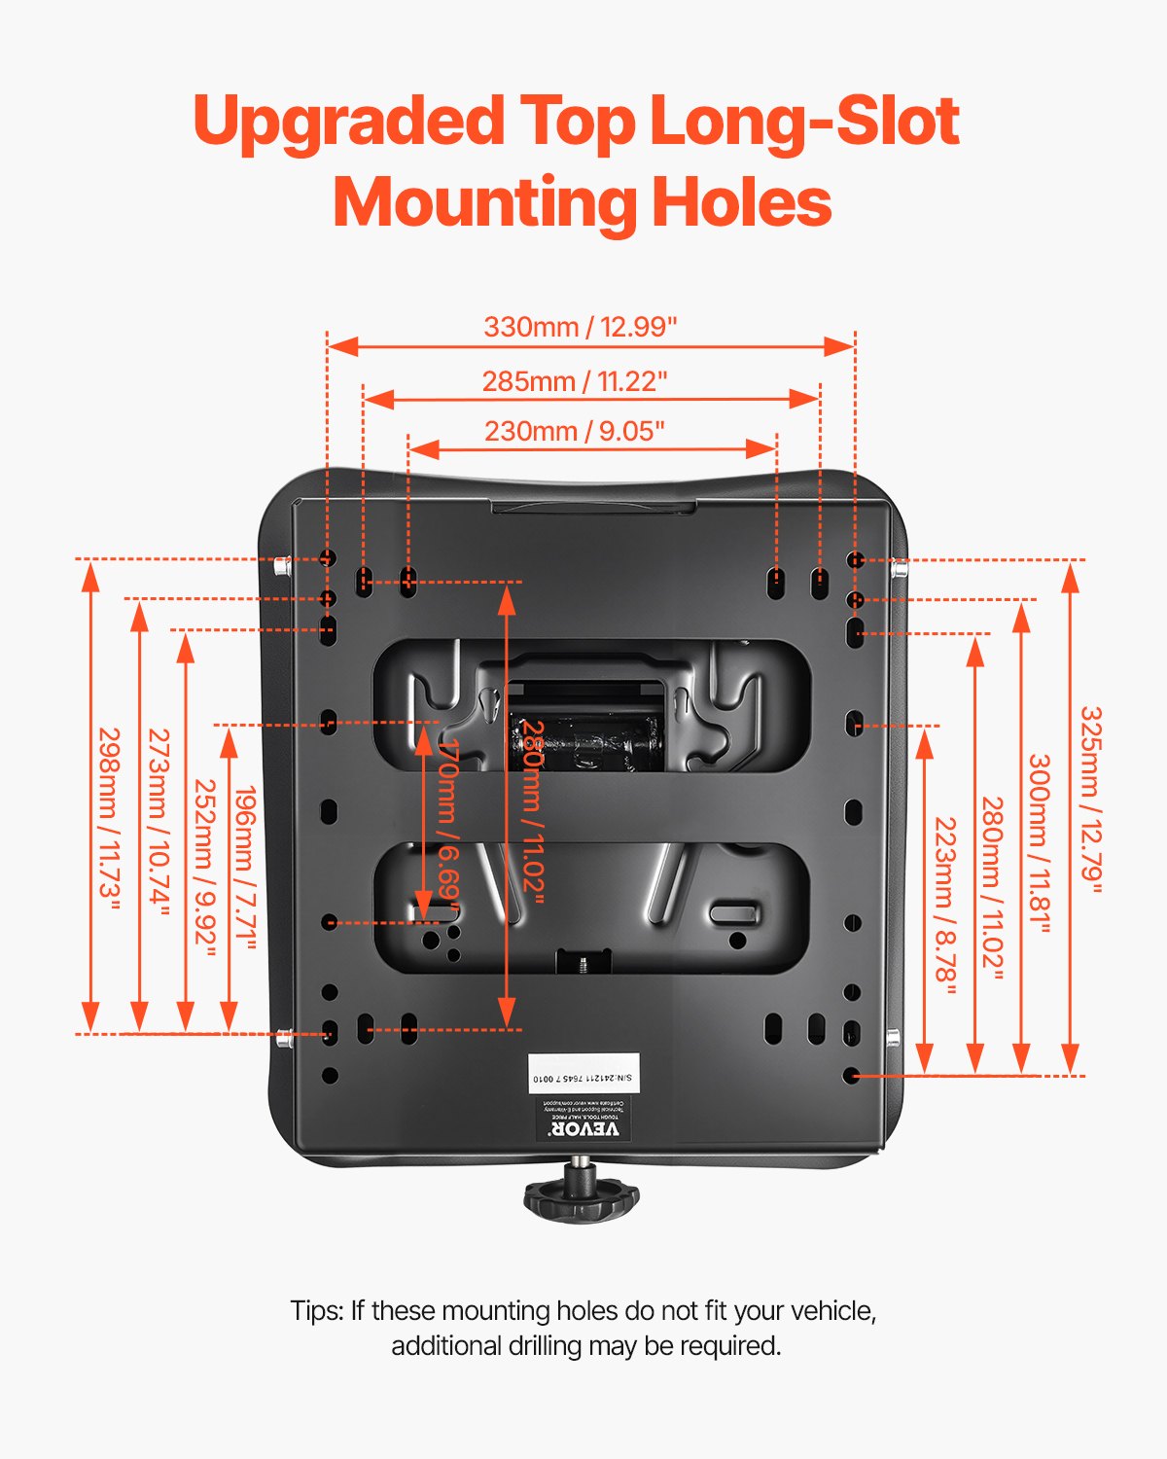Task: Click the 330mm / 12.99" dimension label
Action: tap(580, 327)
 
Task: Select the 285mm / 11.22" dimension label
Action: tap(575, 381)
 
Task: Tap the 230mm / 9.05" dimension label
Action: tap(575, 431)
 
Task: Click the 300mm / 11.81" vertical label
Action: tap(1040, 843)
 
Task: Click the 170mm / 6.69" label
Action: tap(448, 822)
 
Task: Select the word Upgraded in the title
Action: tap(348, 124)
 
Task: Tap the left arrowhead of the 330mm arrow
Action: tap(342, 345)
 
